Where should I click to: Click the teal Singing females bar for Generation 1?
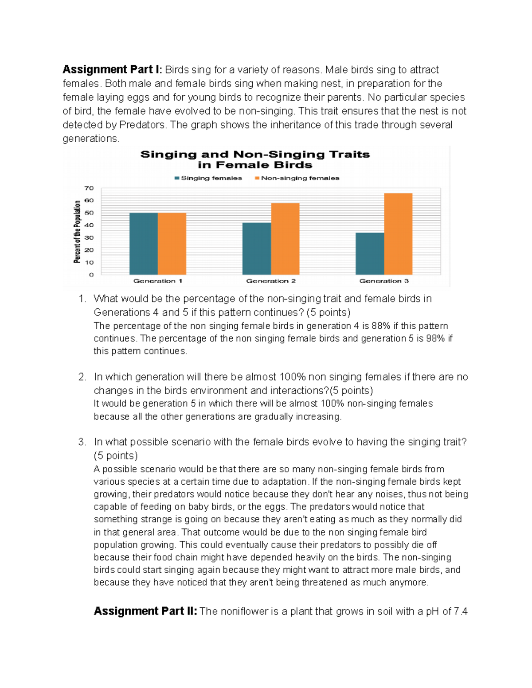click(x=143, y=244)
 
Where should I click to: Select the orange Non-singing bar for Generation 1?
click(x=172, y=244)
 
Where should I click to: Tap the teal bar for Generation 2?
click(x=256, y=249)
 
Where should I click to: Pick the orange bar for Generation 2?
click(x=285, y=239)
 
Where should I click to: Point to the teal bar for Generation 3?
click(x=370, y=253)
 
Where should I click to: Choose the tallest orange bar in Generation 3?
click(x=398, y=234)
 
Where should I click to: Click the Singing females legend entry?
click(x=208, y=178)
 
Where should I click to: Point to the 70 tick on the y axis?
click(x=89, y=188)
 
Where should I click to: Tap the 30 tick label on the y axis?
click(x=89, y=238)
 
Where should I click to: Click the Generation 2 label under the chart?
click(x=271, y=281)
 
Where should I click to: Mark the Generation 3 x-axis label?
click(x=384, y=281)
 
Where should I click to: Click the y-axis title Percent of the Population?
click(x=78, y=231)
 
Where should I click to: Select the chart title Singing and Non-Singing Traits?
click(x=255, y=155)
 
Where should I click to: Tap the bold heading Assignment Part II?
click(x=145, y=611)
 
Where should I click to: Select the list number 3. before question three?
click(x=82, y=442)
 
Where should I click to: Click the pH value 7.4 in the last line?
click(x=461, y=612)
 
